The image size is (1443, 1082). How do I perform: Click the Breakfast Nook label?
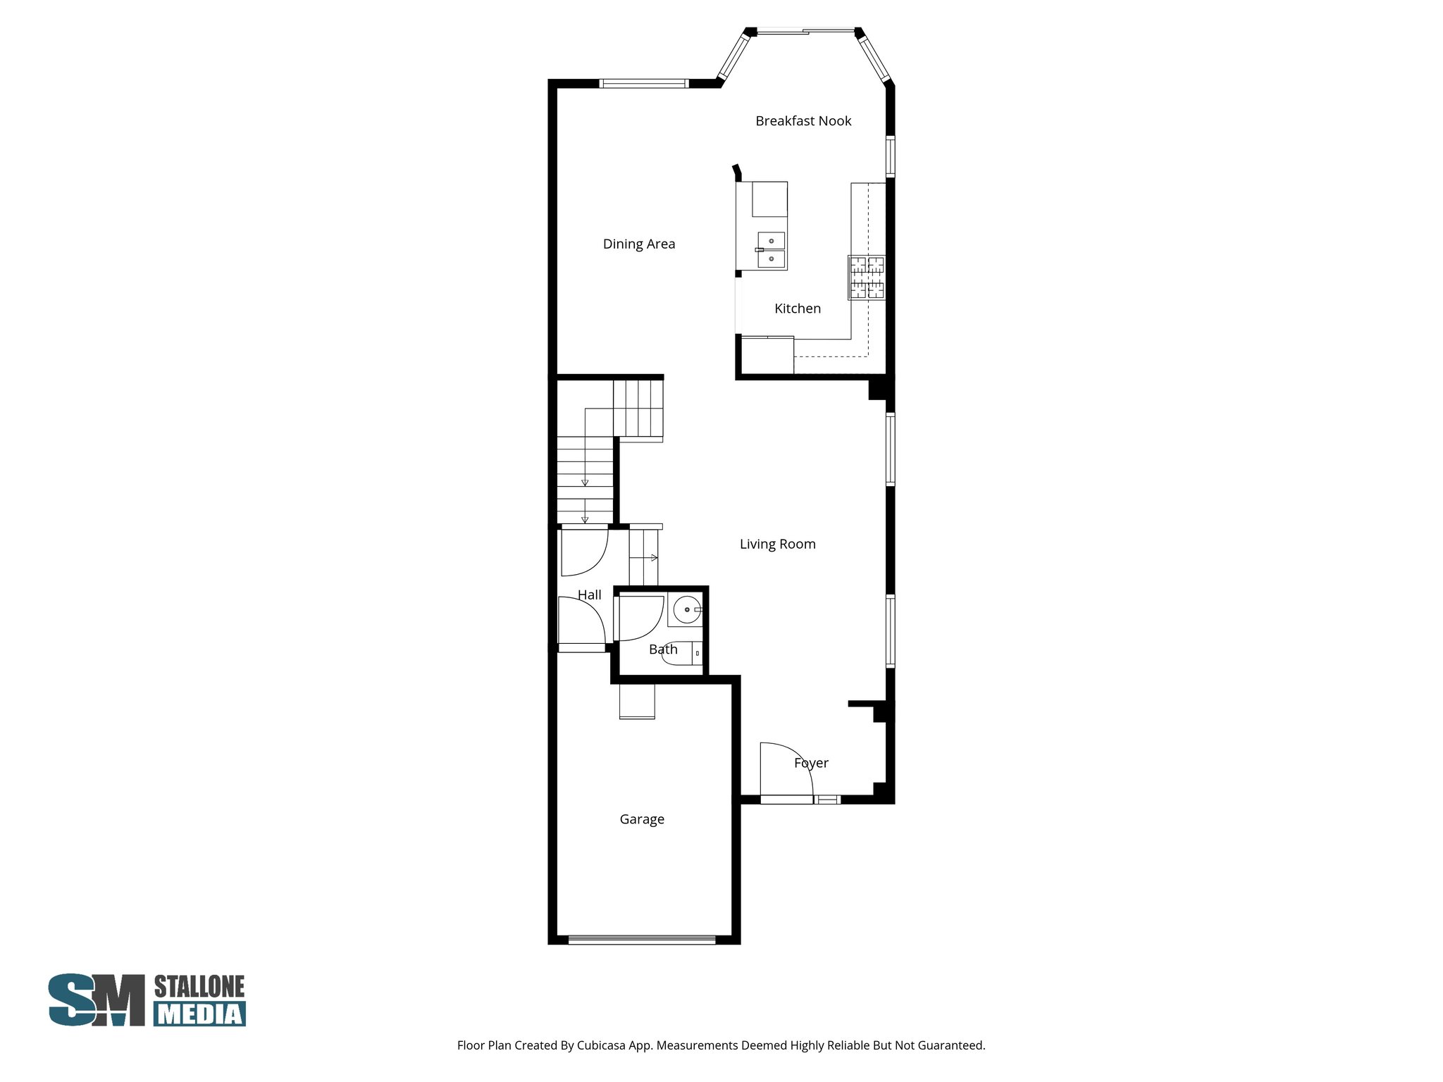point(803,121)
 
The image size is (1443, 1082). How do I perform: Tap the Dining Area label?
point(639,244)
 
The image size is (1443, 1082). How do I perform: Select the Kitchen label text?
point(798,309)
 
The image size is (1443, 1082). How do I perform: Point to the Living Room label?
point(778,544)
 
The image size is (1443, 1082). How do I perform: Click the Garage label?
point(642,819)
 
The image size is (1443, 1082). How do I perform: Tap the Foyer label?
point(811,763)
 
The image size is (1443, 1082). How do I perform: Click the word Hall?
point(590,595)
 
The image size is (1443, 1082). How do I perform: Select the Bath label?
point(663,649)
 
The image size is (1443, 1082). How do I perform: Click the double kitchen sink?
point(772,251)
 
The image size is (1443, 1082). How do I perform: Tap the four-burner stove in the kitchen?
point(867,278)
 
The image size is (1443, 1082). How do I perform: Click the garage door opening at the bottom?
point(642,939)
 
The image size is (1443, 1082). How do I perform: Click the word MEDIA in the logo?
point(200,1014)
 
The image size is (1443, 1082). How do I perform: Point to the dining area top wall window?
point(643,84)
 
